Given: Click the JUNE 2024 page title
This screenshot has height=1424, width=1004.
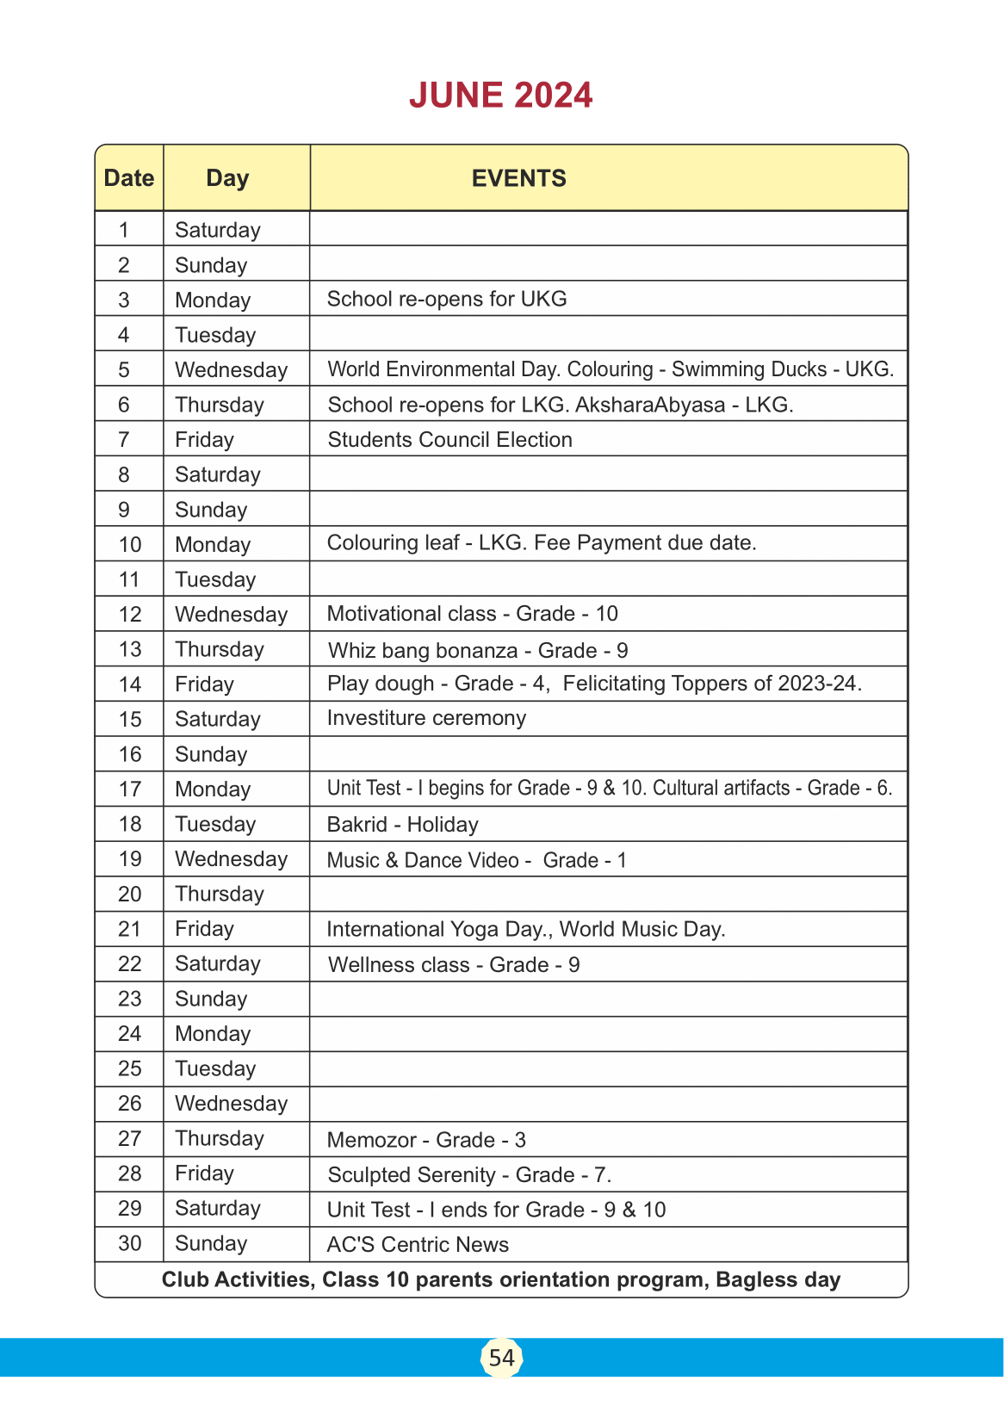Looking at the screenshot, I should (x=501, y=96).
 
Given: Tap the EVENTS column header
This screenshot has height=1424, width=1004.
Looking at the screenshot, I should (x=518, y=178).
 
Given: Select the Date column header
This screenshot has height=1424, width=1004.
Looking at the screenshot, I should (x=129, y=178).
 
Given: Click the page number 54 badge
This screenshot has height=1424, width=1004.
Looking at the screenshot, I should (x=501, y=1358).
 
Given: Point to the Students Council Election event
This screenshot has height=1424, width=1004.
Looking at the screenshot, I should (x=449, y=440).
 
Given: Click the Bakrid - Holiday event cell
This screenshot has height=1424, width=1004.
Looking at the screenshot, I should (x=402, y=825).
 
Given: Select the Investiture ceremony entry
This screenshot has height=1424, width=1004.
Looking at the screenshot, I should (x=426, y=718).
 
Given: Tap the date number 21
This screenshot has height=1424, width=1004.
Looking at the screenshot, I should (x=129, y=929).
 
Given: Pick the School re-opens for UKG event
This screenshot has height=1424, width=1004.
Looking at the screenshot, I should (x=447, y=299).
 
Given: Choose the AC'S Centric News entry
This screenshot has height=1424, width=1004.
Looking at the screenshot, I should (x=418, y=1245).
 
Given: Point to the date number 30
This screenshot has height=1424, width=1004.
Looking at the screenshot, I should (x=129, y=1243).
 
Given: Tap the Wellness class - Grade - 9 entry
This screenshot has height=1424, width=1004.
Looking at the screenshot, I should (x=454, y=965).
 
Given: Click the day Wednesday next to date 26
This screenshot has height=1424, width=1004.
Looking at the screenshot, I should (x=231, y=1104).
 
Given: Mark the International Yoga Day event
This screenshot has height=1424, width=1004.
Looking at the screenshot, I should (x=441, y=930).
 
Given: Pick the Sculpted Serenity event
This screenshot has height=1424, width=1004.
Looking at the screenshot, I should (x=469, y=1175).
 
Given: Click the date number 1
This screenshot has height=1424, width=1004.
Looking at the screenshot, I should (x=124, y=230).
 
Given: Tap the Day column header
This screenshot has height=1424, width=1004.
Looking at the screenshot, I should (x=227, y=178).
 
